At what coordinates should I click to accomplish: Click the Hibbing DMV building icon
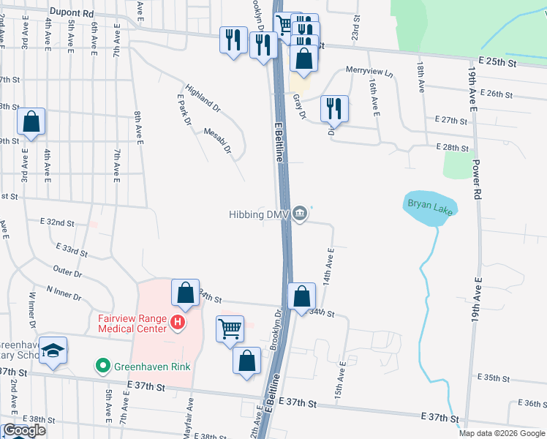pos(300,214)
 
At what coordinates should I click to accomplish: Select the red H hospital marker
pos(176,323)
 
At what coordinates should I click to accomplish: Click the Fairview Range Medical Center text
pos(132,323)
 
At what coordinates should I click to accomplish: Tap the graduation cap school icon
pos(53,350)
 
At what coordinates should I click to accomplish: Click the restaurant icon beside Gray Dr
pos(334,108)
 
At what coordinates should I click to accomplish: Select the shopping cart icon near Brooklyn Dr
pos(230,329)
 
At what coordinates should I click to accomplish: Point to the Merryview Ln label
pos(369,75)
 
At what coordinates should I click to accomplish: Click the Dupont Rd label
pos(72,13)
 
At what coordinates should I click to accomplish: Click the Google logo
pos(24,430)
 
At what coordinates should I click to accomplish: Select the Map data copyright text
pos(501,433)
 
